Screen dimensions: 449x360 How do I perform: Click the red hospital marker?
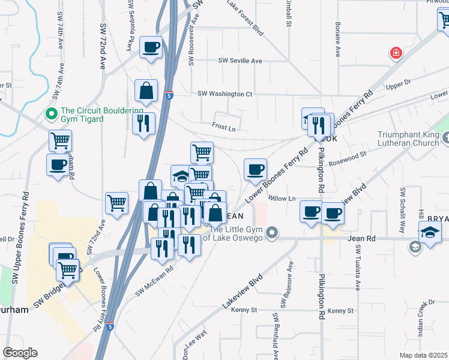396,53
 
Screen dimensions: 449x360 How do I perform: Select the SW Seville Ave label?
240,61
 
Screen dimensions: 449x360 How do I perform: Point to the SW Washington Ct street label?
225,94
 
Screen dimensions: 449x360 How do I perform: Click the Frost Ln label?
223,127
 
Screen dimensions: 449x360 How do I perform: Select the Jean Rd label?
361,238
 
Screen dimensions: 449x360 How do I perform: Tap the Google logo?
20,352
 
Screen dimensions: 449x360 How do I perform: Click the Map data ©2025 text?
424,355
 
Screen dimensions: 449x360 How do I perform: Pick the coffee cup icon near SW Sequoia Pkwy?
151,47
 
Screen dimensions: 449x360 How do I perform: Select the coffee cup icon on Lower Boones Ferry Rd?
255,169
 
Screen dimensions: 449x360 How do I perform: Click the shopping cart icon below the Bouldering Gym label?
60,141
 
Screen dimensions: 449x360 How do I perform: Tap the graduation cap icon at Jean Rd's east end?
430,232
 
